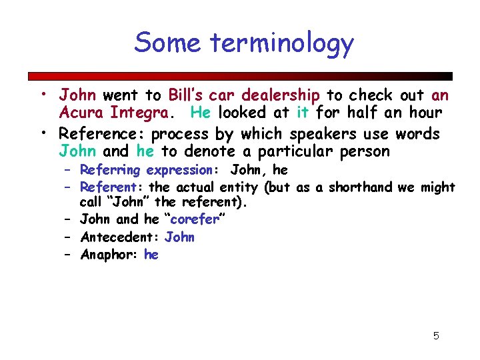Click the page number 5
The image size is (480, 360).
coord(436,335)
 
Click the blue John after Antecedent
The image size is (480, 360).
coord(179,237)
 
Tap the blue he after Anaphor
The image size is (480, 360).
coord(151,254)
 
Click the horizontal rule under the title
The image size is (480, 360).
coord(240,76)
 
